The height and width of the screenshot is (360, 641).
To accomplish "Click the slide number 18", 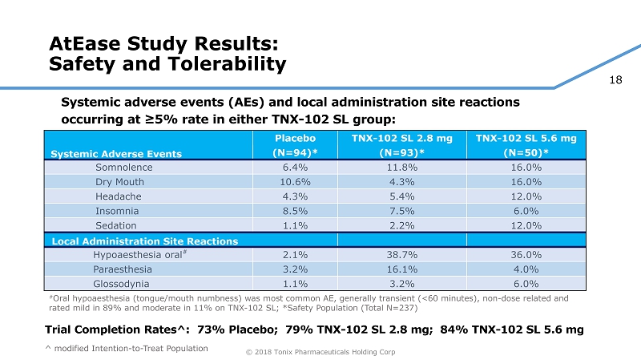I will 616,79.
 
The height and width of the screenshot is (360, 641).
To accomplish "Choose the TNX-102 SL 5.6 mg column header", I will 526,145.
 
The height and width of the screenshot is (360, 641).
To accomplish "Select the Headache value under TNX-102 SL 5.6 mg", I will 526,197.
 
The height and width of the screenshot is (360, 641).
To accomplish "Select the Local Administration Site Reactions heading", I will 145,241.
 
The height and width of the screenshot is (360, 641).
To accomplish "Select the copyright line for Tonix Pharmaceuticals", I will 320,352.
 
